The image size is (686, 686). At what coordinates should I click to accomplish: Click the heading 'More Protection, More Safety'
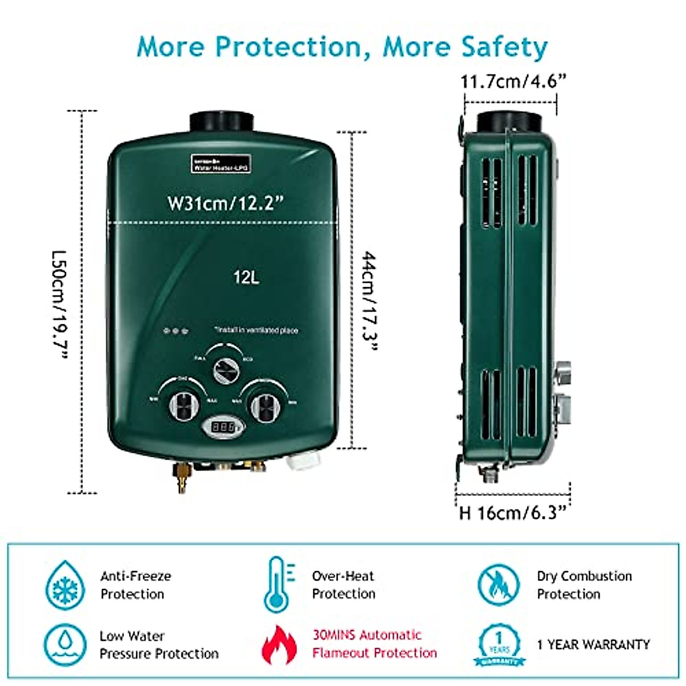tap(342, 47)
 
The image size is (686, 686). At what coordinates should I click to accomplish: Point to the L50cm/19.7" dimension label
tap(59, 303)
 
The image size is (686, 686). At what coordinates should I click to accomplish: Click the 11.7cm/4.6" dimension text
tap(513, 82)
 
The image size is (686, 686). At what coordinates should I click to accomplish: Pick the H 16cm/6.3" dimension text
tap(513, 512)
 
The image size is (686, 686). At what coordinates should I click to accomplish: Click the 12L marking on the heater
tap(246, 278)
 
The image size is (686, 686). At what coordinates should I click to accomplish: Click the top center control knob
tap(225, 370)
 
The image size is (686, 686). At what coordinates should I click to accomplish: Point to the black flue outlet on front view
tap(221, 121)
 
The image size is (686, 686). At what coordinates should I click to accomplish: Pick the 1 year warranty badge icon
tap(499, 645)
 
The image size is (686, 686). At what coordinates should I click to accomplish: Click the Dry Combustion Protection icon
tap(499, 585)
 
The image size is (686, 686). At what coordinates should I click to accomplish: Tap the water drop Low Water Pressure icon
tap(65, 645)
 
